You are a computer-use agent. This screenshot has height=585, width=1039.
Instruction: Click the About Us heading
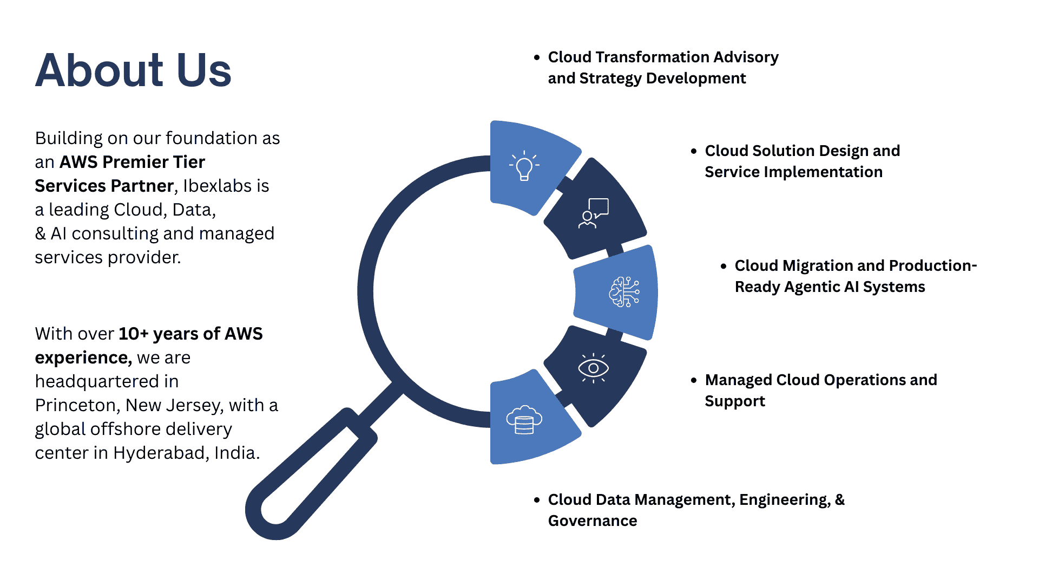[133, 70]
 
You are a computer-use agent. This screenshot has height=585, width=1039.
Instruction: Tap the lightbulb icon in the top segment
[524, 165]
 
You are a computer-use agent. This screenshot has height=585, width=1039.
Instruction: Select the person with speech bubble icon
[594, 213]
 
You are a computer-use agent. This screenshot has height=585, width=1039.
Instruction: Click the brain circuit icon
[624, 292]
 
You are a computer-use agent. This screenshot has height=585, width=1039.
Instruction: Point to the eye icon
[593, 368]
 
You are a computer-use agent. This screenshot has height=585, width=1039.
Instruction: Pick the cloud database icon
[524, 420]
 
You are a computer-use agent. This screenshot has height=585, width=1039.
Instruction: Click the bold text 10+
[133, 334]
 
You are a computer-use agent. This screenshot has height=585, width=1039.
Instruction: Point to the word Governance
[593, 521]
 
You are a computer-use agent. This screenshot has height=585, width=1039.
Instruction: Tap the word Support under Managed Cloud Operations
[735, 401]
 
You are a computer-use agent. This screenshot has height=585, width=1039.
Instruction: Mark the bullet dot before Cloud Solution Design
[694, 151]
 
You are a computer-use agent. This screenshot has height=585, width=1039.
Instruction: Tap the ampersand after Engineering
[839, 500]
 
